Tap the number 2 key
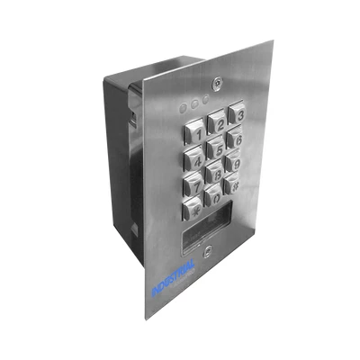coord(217,122)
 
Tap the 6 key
coord(235,139)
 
